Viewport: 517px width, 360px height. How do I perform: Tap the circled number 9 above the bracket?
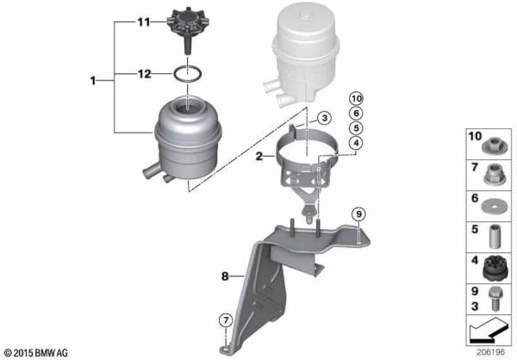point(359,213)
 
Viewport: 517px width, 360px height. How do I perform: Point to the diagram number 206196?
point(492,352)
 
